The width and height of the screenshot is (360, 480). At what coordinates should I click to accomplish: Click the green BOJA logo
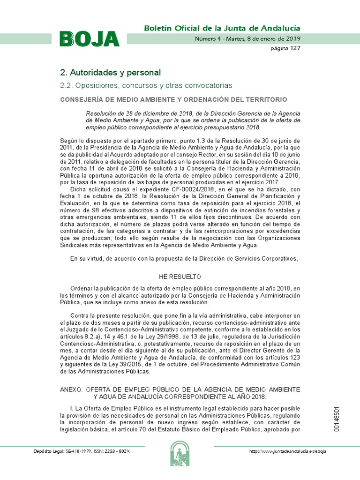(x=89, y=39)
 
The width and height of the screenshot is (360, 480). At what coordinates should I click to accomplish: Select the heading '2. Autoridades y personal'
(x=110, y=73)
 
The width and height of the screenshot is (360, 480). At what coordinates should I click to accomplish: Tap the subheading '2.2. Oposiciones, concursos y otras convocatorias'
(x=146, y=86)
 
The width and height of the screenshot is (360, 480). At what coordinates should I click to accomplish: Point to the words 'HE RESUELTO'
(x=180, y=277)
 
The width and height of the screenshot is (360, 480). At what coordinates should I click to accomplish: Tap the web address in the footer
(x=288, y=451)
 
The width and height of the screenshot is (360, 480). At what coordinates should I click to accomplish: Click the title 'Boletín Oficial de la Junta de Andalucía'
(x=222, y=28)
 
